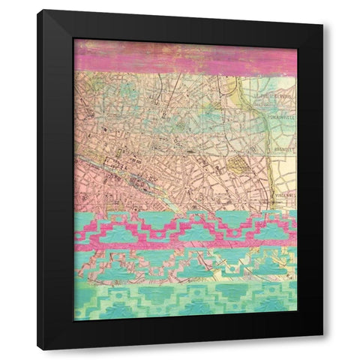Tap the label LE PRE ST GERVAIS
click(x=274, y=97)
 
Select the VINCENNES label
click(x=283, y=194)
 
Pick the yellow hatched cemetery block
click(x=239, y=166)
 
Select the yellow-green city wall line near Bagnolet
click(x=268, y=161)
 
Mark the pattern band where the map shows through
click(x=184, y=262)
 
